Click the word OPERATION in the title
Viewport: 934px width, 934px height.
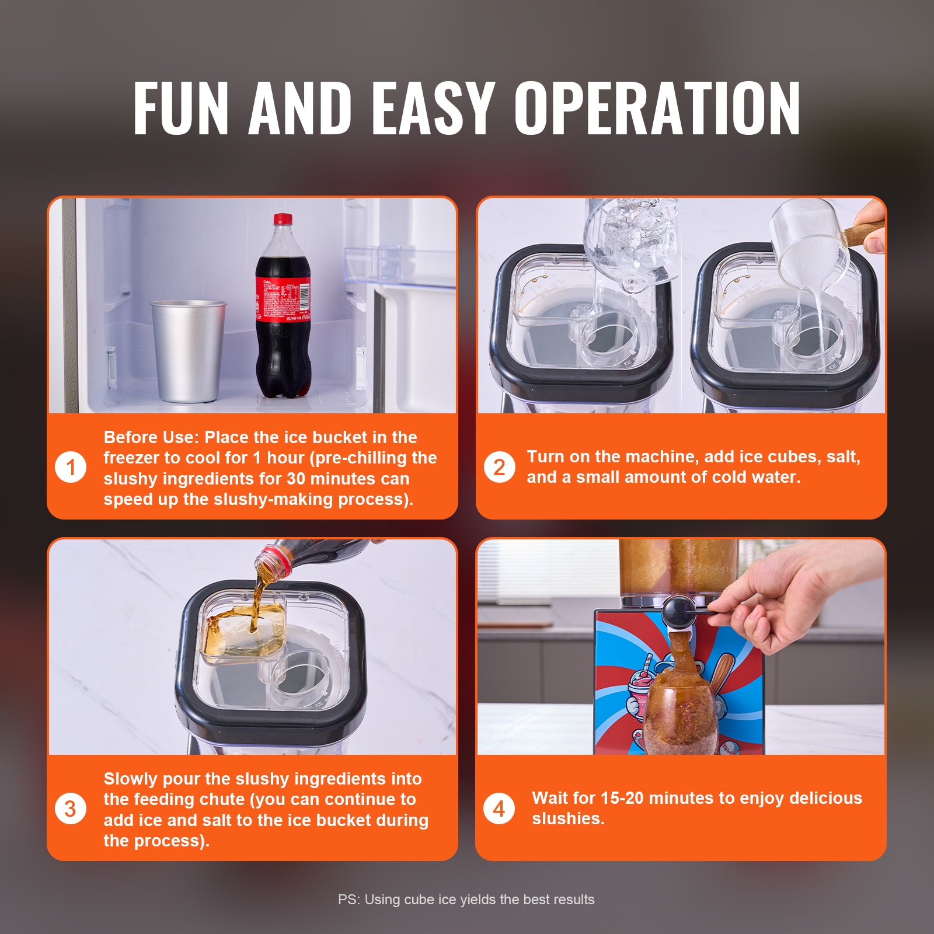pos(657,108)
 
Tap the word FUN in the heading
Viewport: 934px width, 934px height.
pos(181,108)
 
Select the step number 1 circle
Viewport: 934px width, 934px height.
pos(71,467)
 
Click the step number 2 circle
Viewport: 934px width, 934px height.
pos(499,467)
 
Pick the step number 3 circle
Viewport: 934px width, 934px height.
pos(71,808)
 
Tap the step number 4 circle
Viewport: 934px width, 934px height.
pos(499,808)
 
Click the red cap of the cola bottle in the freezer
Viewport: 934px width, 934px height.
pos(283,219)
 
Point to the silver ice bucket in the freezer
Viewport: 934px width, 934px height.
pos(188,350)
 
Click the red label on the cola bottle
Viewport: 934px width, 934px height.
pos(283,299)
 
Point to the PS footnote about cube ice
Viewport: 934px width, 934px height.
pos(466,900)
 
